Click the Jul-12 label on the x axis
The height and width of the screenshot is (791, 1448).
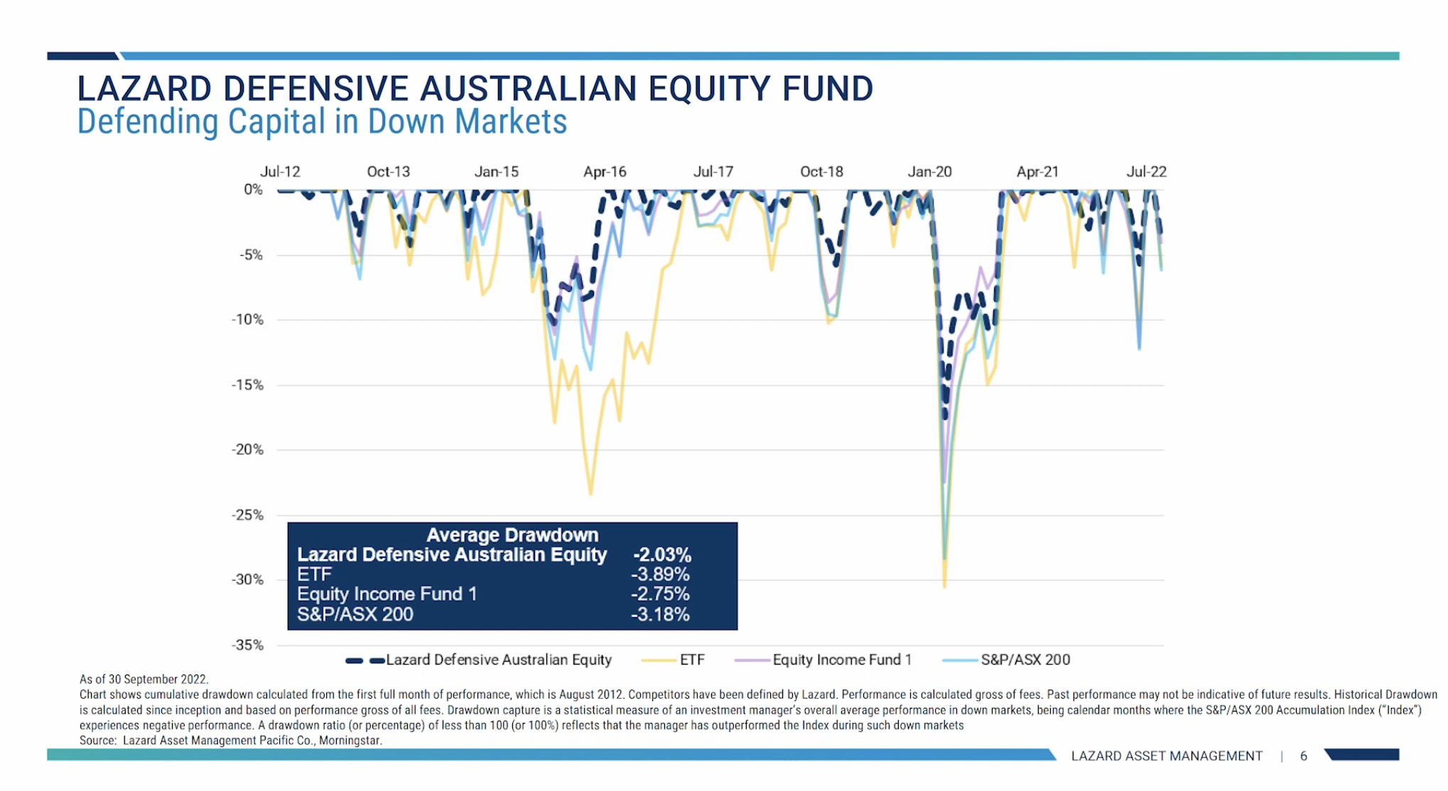coord(280,172)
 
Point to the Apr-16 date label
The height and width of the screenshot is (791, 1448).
coord(605,172)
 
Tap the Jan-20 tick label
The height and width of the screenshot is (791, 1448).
coord(929,172)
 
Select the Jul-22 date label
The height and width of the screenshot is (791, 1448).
coord(1146,172)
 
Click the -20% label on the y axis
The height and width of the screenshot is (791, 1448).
coord(247,449)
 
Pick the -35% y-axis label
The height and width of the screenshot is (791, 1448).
coord(247,645)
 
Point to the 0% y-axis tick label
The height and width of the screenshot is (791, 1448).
coord(253,190)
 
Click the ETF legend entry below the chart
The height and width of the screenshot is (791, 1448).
coord(691,660)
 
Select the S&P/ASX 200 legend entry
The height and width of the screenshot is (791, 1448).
coord(1025,660)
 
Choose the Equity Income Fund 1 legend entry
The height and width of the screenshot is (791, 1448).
coord(841,660)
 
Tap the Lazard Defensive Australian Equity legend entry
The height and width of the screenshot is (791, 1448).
coord(498,660)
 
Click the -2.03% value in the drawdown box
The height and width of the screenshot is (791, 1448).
coord(662,555)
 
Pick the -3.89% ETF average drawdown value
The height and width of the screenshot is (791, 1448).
coord(660,574)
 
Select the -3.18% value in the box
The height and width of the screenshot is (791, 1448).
coord(660,614)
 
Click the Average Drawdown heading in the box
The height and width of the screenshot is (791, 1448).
coord(512,535)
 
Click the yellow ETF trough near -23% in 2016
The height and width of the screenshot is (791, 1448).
coord(590,493)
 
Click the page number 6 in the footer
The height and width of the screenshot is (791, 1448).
coord(1304,756)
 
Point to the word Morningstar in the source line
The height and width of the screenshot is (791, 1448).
coord(350,741)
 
